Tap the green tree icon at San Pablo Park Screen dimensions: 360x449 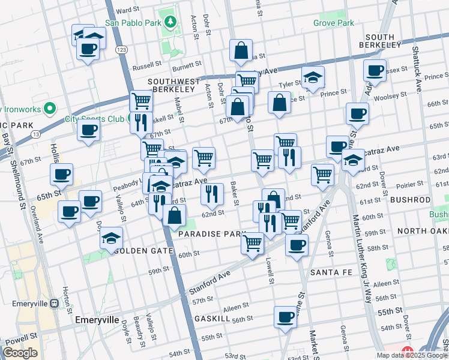click(x=171, y=23)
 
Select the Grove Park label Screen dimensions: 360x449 click(x=334, y=23)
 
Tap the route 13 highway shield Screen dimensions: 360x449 click(x=36, y=135)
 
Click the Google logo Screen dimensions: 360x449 click(x=20, y=353)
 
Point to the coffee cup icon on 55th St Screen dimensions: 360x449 click(x=286, y=316)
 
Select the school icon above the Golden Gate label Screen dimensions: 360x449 click(x=111, y=238)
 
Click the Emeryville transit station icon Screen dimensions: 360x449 click(x=54, y=304)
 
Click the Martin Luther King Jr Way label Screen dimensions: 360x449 click(x=362, y=264)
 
